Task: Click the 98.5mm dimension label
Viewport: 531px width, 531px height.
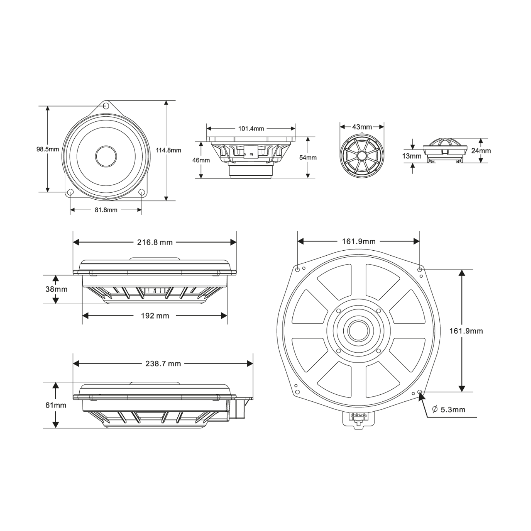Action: click(47, 149)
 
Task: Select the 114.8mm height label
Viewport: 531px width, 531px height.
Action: click(169, 150)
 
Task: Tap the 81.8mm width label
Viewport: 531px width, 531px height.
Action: click(106, 210)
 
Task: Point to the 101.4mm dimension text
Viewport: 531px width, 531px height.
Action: click(251, 129)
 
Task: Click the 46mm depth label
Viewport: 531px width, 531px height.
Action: click(201, 160)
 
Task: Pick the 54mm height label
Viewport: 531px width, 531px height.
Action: click(308, 158)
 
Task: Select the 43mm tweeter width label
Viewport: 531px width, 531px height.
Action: click(362, 127)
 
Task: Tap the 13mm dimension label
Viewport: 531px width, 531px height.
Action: click(412, 156)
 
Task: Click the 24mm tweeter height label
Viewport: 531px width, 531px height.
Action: click(481, 151)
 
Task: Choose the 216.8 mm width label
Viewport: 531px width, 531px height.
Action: click(155, 242)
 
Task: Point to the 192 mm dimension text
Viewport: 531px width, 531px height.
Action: click(155, 316)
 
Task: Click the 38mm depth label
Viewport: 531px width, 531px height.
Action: click(56, 289)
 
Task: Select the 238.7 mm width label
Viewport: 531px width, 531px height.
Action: click(163, 364)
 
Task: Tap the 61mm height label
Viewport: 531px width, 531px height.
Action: click(56, 405)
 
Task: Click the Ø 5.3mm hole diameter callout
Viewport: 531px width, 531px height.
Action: click(449, 410)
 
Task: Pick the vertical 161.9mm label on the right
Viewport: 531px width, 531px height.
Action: click(466, 331)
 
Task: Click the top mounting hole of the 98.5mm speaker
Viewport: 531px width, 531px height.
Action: click(105, 105)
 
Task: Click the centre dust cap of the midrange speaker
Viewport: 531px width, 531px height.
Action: click(106, 156)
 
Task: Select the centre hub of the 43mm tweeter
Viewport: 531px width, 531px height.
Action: click(362, 156)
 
